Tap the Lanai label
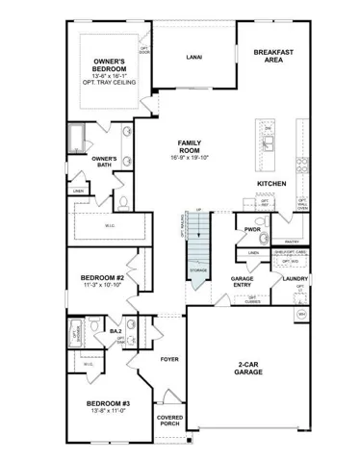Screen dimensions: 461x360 coord(193,58)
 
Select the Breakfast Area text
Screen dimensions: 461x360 coord(273,55)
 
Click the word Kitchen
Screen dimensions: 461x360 coord(272,183)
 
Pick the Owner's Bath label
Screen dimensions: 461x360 coord(104,161)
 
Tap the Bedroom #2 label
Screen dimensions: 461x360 coord(103,278)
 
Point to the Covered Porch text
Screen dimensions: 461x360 coord(169,422)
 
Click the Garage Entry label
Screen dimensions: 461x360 coord(242,282)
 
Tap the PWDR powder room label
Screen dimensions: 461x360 coord(253,231)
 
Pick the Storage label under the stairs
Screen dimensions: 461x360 coord(196,271)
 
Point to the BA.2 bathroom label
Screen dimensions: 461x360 coord(115,331)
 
